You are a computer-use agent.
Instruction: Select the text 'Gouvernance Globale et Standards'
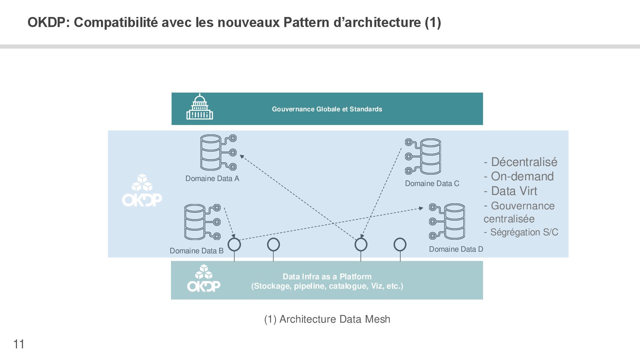327,109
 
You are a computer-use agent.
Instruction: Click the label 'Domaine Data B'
196,251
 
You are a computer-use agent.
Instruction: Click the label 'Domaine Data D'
456,249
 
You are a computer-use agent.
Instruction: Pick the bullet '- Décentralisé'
520,162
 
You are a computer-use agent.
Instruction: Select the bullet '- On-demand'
519,176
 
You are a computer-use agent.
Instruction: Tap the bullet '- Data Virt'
510,191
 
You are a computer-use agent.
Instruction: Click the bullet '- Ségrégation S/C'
521,232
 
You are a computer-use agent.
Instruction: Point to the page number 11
19,344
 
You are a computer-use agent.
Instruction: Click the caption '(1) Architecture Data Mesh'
327,319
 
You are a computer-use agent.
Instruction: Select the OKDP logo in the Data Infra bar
204,279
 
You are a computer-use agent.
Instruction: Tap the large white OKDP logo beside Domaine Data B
142,190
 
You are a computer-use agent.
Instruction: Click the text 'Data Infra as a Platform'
327,276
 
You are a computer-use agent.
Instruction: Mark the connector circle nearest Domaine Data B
234,245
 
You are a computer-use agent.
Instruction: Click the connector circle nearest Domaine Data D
400,245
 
